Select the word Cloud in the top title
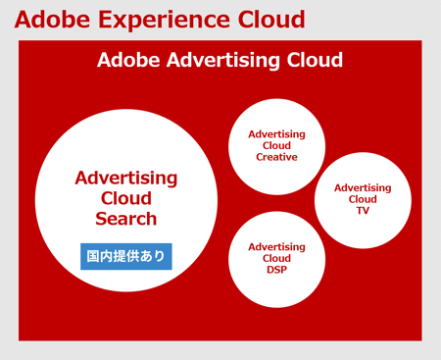tap(265, 20)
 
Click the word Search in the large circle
tap(126, 219)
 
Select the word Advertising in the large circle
tap(126, 179)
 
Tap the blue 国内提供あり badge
tap(126, 256)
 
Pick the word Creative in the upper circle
tap(276, 157)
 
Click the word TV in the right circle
tap(363, 210)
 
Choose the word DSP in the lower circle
tap(276, 270)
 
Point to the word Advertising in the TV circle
tap(363, 187)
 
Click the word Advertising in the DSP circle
tap(276, 247)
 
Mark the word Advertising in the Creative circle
tap(276, 134)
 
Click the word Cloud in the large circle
tap(126, 199)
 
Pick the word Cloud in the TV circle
tap(363, 199)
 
